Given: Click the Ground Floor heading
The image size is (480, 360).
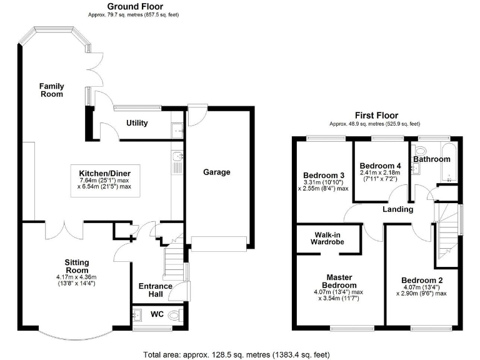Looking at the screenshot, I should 131,6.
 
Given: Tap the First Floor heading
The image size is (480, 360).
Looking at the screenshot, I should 377,115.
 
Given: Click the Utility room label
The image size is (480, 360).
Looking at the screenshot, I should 137,123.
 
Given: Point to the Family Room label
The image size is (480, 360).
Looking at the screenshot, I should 51,89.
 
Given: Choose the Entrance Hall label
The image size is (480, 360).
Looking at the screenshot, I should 155,291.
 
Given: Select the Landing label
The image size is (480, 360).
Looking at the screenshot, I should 398,209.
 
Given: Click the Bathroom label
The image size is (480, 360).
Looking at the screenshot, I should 431,159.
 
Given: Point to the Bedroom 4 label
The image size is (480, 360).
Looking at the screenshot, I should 377,166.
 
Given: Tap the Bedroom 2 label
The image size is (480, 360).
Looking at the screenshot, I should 423,280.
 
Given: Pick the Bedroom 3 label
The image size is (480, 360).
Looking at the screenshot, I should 323,175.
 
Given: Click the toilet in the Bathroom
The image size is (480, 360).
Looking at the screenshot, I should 418,150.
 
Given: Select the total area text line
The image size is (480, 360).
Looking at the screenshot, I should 236,354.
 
